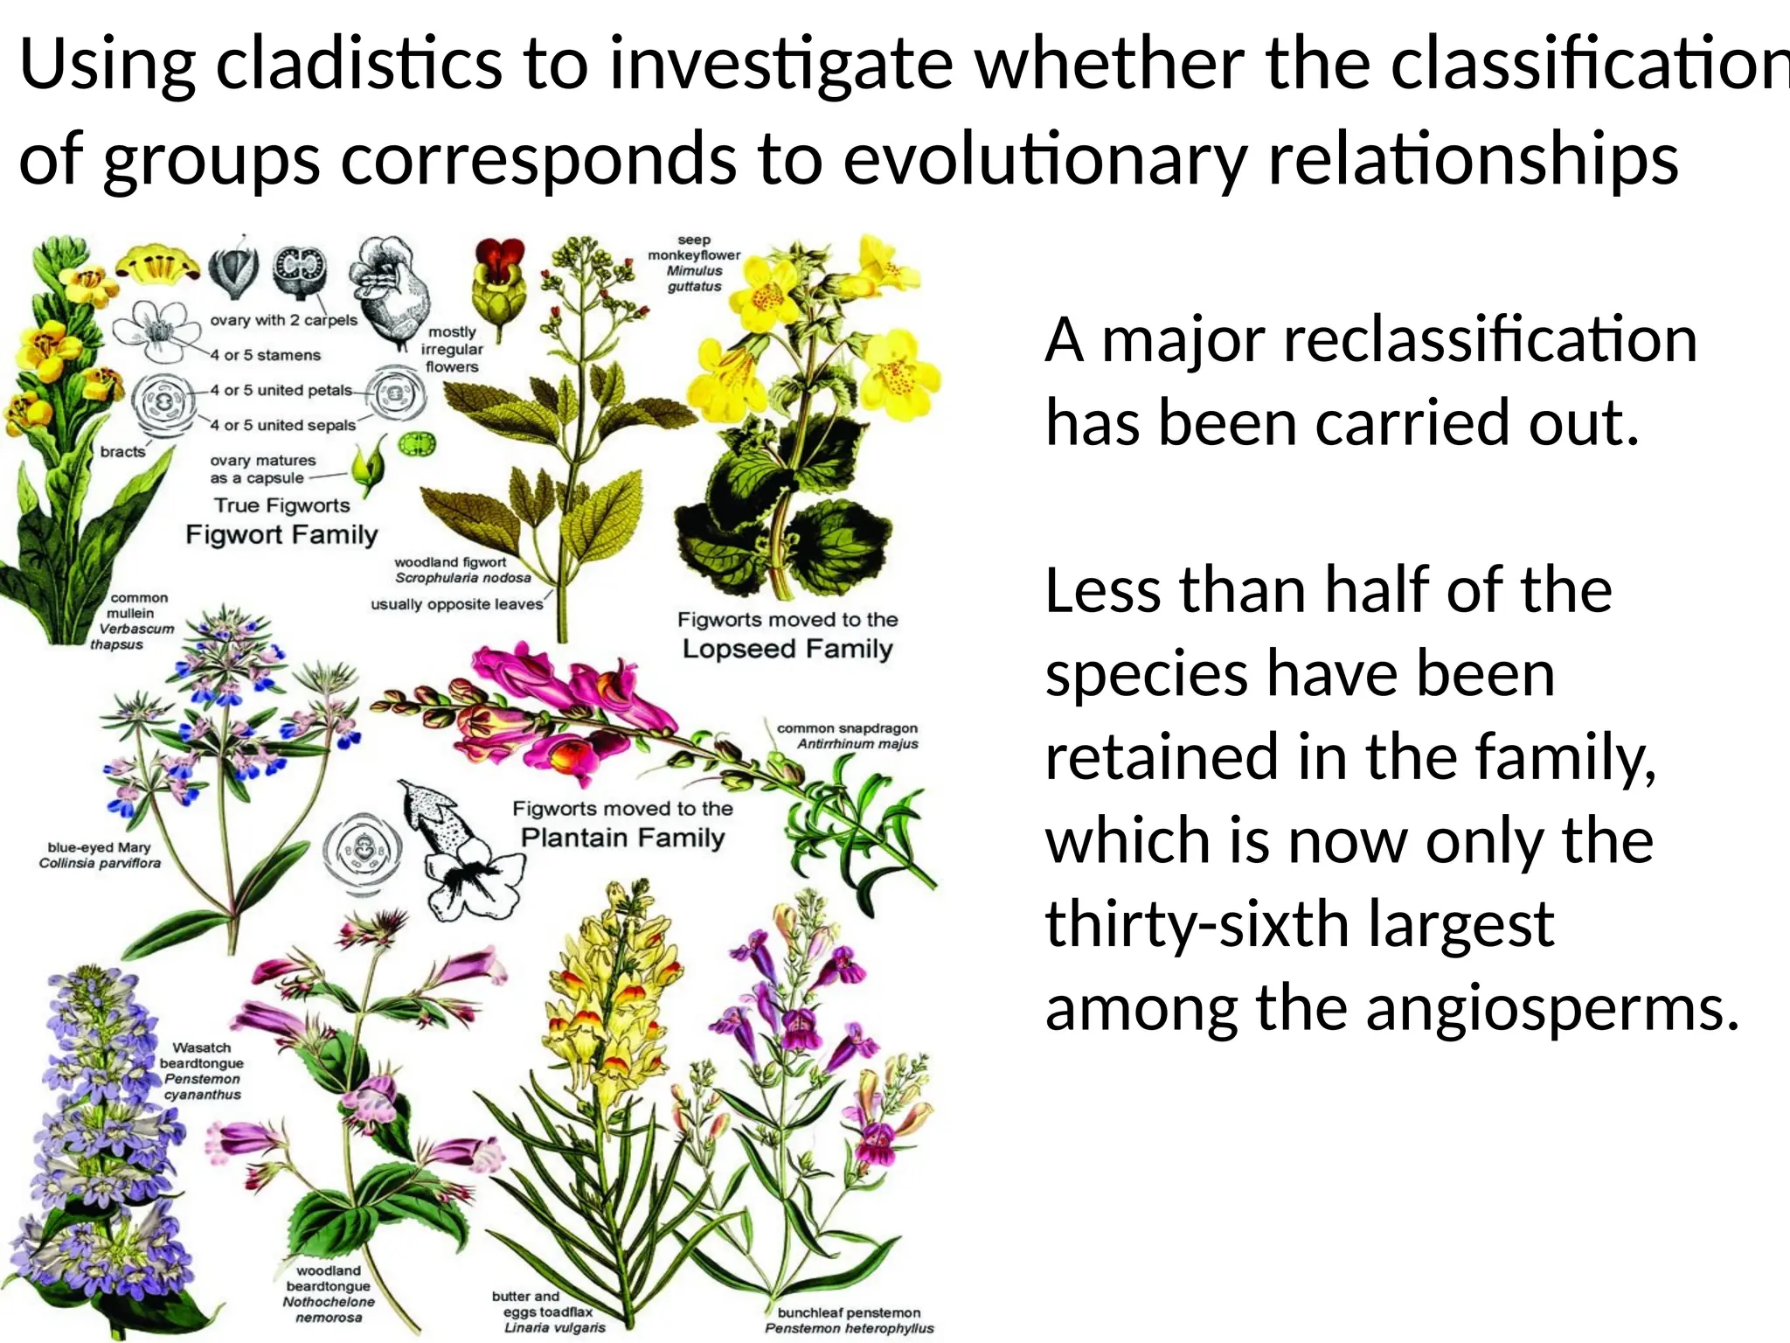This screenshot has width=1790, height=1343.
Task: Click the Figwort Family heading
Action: [x=281, y=534]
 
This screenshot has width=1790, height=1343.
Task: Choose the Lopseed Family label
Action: [x=787, y=649]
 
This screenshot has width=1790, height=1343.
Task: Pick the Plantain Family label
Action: [x=622, y=838]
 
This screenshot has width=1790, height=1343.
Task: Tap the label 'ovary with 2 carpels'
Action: [x=283, y=320]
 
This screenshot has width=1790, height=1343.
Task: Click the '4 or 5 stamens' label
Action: [x=266, y=355]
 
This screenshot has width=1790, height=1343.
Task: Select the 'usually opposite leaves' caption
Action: [x=456, y=604]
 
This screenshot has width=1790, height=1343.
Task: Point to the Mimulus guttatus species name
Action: [x=694, y=278]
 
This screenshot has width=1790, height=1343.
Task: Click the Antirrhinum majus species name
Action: [x=857, y=744]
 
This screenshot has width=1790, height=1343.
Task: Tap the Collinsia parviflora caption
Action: [x=100, y=863]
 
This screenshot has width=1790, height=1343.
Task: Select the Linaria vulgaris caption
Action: [x=554, y=1327]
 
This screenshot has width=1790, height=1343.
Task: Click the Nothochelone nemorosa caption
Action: [x=328, y=1309]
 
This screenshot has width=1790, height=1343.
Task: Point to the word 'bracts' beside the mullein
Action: [x=122, y=452]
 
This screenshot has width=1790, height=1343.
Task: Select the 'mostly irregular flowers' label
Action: [x=452, y=350]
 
